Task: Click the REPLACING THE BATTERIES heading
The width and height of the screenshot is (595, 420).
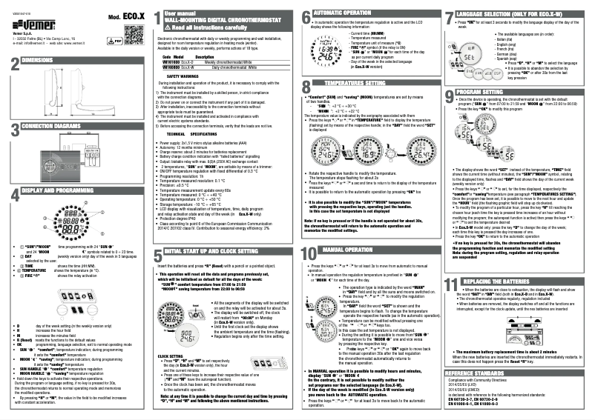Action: pyautogui.click(x=513, y=281)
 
